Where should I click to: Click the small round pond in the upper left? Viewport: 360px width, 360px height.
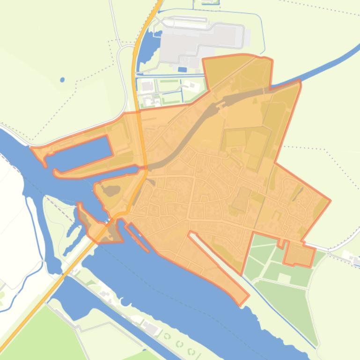point(62,80)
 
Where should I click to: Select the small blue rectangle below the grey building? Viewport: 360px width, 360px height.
point(182,70)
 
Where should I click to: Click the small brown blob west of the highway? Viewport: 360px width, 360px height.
point(111,190)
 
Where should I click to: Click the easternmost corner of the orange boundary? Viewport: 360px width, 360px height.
point(330,201)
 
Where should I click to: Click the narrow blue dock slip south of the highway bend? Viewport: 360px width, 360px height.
point(137,238)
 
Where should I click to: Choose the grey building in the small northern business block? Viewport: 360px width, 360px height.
point(147,86)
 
